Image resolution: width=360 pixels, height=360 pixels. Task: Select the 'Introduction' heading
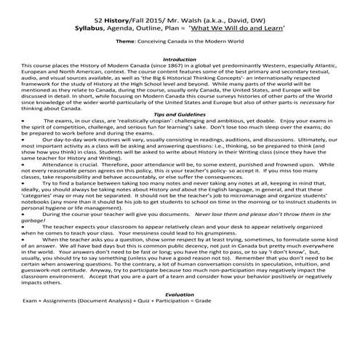click(x=180, y=60)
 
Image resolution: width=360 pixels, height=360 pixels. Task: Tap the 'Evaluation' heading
click(x=180, y=313)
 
